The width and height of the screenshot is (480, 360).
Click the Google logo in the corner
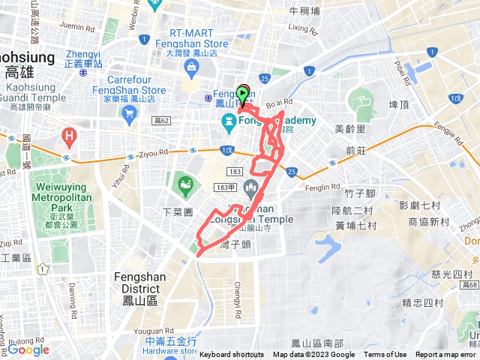[x=28, y=349]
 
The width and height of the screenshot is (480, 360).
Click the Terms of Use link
[x=385, y=355]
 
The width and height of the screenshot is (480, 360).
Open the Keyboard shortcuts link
[x=232, y=355]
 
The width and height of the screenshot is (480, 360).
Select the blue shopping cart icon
[x=129, y=113]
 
